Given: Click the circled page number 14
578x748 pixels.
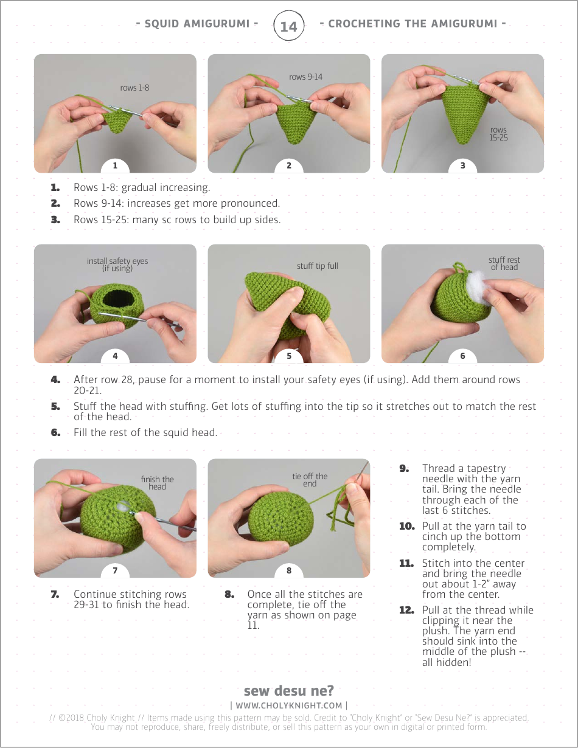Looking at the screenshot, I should (x=288, y=26).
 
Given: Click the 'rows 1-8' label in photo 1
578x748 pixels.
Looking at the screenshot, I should (x=134, y=88).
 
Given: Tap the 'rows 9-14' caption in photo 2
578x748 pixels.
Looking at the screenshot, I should (x=305, y=77).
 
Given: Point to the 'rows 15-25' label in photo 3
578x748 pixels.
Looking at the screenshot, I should (x=498, y=134).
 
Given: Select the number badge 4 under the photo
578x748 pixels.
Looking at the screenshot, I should (x=115, y=356).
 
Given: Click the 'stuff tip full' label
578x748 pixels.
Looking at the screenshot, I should (x=317, y=266).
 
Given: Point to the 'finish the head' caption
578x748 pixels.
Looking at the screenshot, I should (x=157, y=483).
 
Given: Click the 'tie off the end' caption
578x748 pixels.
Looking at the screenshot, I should (x=310, y=480).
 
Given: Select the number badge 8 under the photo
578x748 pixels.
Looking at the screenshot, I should (x=289, y=570).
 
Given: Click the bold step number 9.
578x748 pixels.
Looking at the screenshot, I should (x=405, y=468).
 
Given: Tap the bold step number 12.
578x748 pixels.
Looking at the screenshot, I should (x=406, y=610).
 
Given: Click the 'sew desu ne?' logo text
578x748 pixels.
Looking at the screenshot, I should (x=288, y=691).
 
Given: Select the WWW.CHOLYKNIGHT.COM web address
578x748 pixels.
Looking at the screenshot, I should (x=288, y=705).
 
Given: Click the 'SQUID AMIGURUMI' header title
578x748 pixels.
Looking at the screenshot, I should (x=197, y=24).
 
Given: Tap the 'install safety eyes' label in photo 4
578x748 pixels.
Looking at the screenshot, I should (x=117, y=265).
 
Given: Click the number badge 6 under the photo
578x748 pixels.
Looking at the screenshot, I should (x=462, y=356).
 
